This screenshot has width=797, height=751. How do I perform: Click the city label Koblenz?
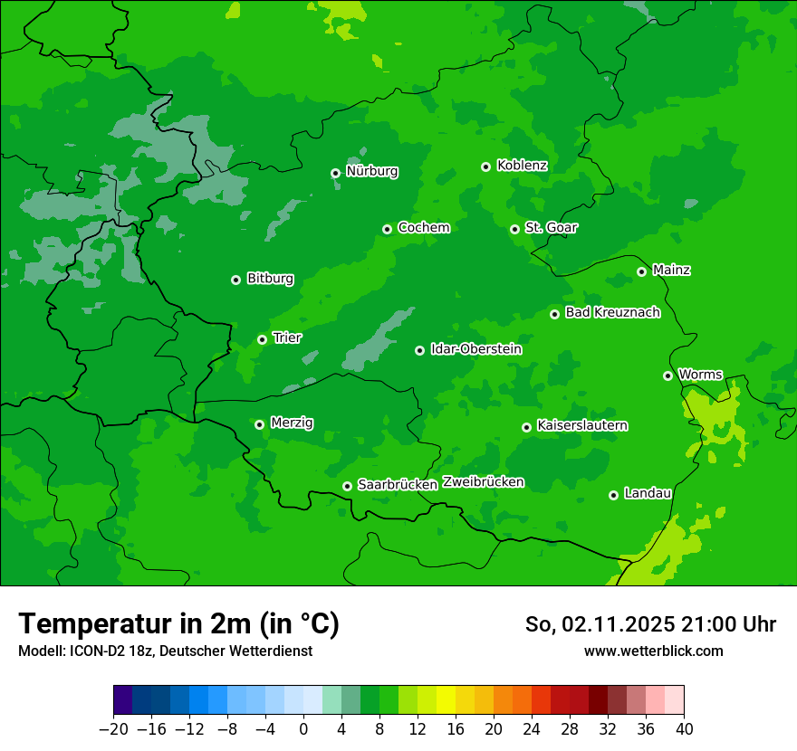click(522, 166)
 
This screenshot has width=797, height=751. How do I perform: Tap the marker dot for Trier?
click(262, 339)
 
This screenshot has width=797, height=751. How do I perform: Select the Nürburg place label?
click(371, 171)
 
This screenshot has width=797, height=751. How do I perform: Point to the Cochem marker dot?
click(387, 229)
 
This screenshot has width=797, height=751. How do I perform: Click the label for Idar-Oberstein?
click(476, 349)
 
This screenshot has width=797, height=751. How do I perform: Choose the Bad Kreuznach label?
click(612, 312)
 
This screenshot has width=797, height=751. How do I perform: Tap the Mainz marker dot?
click(641, 271)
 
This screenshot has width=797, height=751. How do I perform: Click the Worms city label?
click(700, 375)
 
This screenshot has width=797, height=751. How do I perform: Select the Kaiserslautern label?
click(582, 425)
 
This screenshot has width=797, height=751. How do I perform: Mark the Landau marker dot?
click(613, 495)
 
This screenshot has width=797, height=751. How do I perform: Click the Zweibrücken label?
click(483, 482)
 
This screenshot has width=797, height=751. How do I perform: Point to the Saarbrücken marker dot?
click(347, 486)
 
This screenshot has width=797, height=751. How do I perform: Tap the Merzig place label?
click(292, 423)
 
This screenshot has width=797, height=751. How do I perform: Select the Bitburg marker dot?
click(235, 280)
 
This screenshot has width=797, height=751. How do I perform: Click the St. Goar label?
click(551, 228)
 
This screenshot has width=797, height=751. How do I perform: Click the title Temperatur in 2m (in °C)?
click(178, 623)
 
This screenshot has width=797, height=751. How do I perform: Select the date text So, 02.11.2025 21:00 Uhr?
click(650, 624)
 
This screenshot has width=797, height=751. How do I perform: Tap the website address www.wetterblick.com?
click(653, 651)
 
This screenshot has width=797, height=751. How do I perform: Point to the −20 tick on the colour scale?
click(113, 729)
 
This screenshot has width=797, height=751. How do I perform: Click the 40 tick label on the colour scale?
click(684, 729)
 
